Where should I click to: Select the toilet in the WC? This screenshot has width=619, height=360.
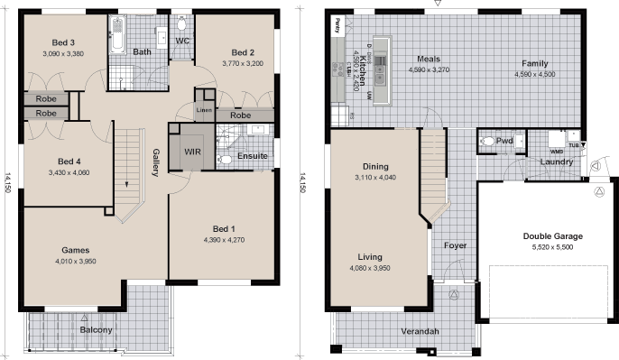(181, 23)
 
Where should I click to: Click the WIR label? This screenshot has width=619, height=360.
(193, 151)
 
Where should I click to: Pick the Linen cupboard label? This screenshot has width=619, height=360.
(205, 109)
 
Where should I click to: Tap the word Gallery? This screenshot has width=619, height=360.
(155, 163)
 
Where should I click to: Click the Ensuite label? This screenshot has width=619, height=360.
(254, 154)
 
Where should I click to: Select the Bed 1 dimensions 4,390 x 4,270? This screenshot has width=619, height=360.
(225, 239)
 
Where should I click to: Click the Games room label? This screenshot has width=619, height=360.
(75, 250)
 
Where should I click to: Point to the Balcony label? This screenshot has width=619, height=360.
(97, 330)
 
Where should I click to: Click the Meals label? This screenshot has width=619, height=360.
(428, 59)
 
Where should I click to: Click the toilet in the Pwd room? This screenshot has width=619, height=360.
(488, 142)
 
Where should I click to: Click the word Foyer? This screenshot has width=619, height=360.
(455, 245)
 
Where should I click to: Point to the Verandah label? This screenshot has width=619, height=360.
(420, 332)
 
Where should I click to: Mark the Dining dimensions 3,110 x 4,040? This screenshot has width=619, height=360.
(375, 179)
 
